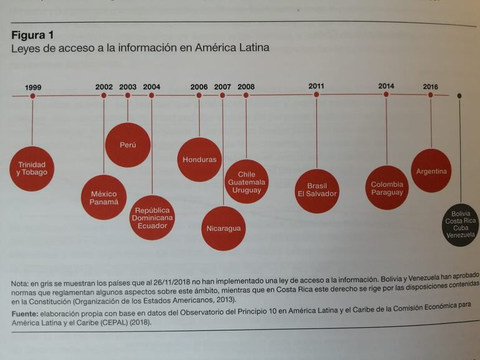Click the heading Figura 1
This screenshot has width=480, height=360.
(x=32, y=35)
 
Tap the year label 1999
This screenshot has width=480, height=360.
(x=33, y=87)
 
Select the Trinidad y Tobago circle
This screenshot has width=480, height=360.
(x=32, y=168)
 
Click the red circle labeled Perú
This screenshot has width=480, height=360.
(x=128, y=144)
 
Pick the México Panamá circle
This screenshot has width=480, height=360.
(x=103, y=197)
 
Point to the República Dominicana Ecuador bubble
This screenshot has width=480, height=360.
(x=152, y=217)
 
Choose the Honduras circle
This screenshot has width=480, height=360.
(x=199, y=159)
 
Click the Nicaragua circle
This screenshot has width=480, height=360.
(x=223, y=228)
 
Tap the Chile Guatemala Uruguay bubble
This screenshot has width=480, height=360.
(x=246, y=181)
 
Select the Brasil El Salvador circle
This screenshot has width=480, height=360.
(x=317, y=190)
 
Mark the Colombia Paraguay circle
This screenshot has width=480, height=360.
(x=387, y=188)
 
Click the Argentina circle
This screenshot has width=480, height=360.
(x=431, y=171)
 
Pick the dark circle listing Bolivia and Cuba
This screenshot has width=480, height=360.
(x=461, y=224)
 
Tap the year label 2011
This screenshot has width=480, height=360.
(x=316, y=86)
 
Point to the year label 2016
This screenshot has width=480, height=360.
(x=430, y=87)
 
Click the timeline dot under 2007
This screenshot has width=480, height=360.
(x=223, y=95)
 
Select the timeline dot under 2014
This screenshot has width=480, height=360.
(x=386, y=95)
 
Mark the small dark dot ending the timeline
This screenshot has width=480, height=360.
(x=459, y=96)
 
